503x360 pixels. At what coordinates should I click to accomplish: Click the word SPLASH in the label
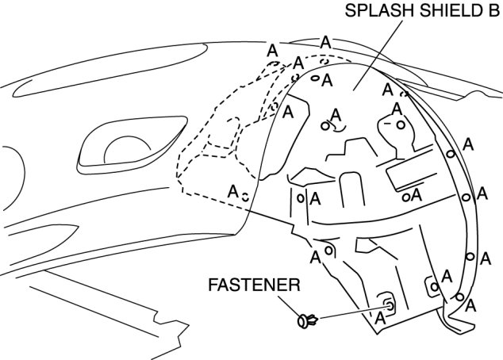click(x=372, y=11)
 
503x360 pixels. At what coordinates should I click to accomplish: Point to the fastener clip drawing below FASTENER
click(x=308, y=321)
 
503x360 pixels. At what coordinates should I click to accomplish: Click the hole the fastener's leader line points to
click(x=390, y=304)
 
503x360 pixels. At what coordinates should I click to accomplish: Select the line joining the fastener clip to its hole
click(x=349, y=312)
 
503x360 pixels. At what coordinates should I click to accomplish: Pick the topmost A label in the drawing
click(x=324, y=41)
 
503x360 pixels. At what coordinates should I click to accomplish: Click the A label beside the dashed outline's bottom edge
click(x=232, y=192)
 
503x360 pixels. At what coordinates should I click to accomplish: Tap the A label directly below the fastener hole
click(x=380, y=318)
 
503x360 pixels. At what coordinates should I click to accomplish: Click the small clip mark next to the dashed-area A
click(x=246, y=195)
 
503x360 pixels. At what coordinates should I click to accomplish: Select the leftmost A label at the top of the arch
click(x=273, y=49)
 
